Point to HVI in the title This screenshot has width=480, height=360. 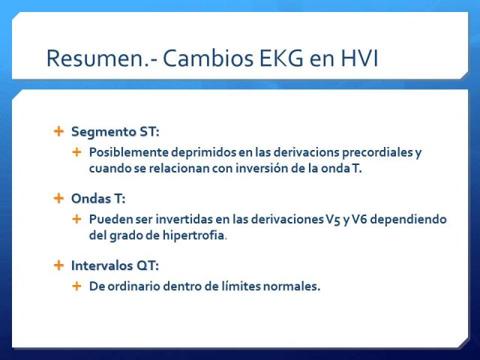[x=360, y=58]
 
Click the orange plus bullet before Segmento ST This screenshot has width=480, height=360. [x=58, y=131]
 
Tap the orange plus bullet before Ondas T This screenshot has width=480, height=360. [x=58, y=198]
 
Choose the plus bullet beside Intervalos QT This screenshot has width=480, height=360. [x=58, y=265]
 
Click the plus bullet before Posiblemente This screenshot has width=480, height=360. [x=76, y=151]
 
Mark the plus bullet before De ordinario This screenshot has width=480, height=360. [x=76, y=286]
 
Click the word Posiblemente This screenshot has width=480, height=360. [x=128, y=152]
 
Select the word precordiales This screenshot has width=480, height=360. [x=377, y=152]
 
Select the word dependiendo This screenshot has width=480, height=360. [x=410, y=220]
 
